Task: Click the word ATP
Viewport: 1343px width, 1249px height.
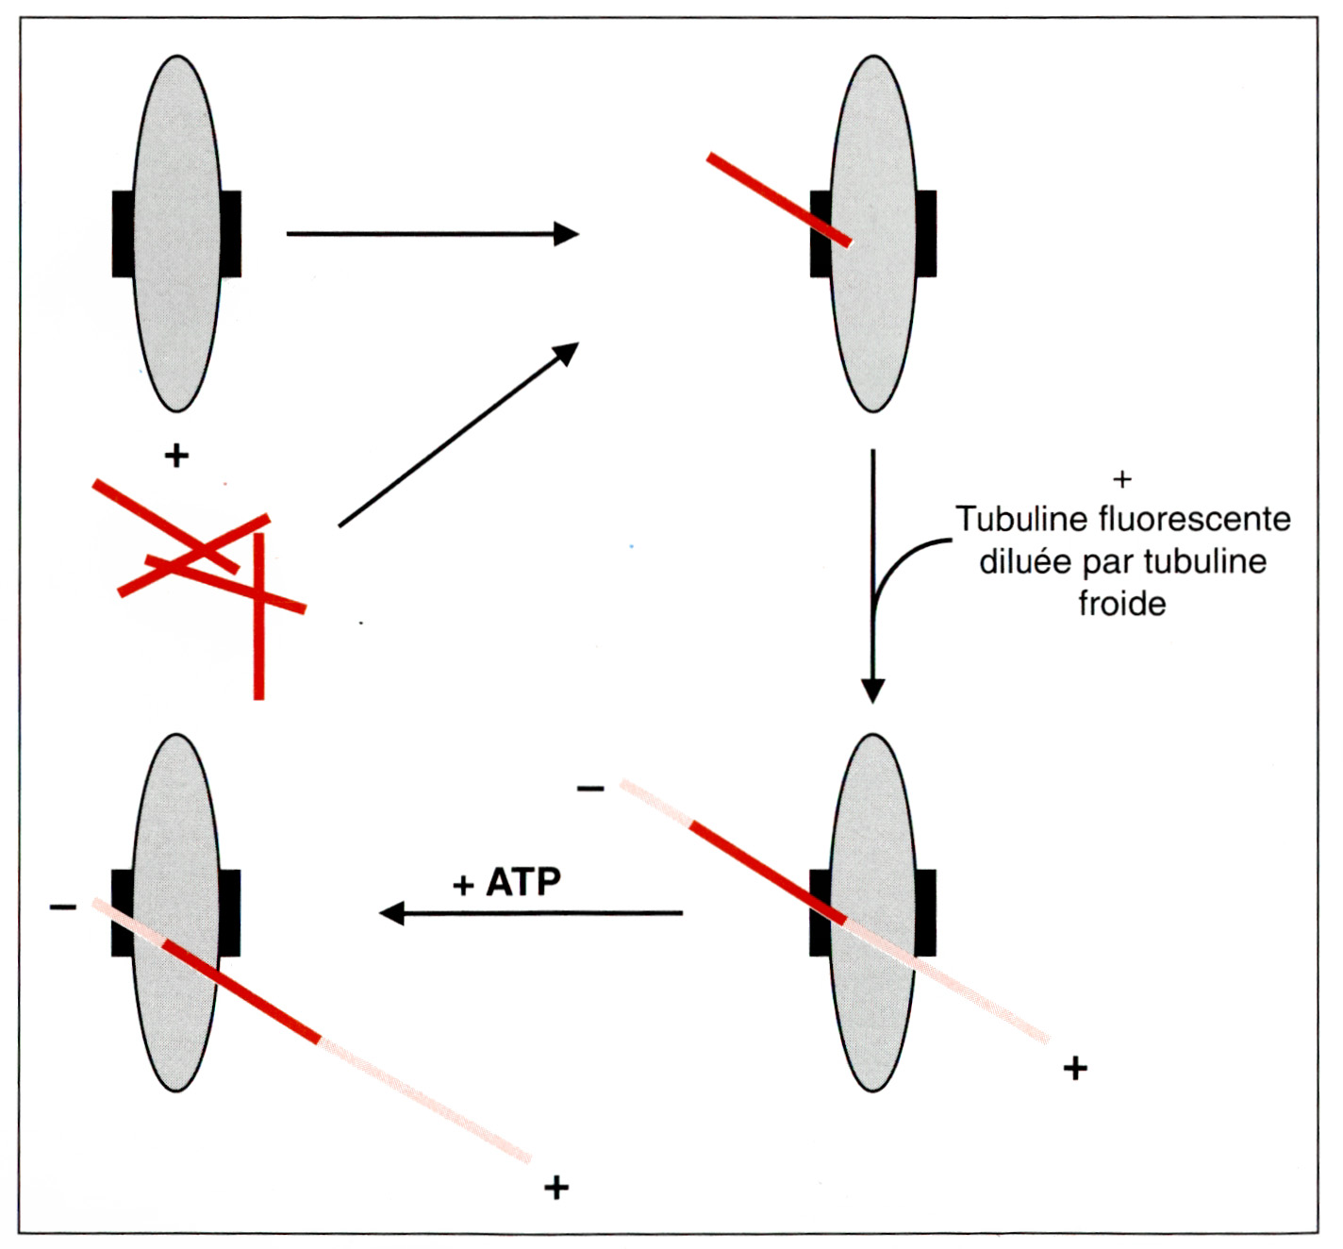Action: pyautogui.click(x=523, y=882)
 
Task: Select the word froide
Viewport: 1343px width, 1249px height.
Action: pyautogui.click(x=1122, y=603)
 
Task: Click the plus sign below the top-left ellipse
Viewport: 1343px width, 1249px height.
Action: pyautogui.click(x=176, y=456)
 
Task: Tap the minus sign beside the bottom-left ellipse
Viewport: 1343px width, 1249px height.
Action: pyautogui.click(x=63, y=907)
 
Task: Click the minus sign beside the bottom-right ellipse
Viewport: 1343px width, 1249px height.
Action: pyautogui.click(x=590, y=789)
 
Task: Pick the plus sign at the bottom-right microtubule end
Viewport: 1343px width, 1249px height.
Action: pyautogui.click(x=1075, y=1069)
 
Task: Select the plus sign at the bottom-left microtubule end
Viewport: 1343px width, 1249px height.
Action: pyautogui.click(x=555, y=1188)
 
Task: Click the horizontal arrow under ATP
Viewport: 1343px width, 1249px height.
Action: pyautogui.click(x=531, y=913)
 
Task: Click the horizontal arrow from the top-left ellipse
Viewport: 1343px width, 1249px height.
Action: pyautogui.click(x=433, y=233)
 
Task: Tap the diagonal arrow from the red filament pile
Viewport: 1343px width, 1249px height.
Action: pyautogui.click(x=458, y=434)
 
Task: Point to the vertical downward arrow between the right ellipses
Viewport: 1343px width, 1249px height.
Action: pyautogui.click(x=872, y=575)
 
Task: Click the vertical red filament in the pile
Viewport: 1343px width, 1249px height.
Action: pyautogui.click(x=259, y=616)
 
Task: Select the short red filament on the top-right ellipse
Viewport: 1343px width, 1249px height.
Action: pyautogui.click(x=779, y=200)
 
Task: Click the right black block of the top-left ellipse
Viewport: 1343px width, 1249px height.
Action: pyautogui.click(x=231, y=234)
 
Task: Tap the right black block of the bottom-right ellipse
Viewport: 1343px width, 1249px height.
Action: pyautogui.click(x=926, y=913)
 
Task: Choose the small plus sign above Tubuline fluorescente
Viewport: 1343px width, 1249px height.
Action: pyautogui.click(x=1122, y=480)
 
